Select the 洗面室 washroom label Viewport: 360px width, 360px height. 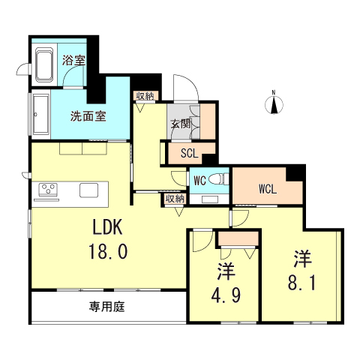88,116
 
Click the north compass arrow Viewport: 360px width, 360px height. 274,103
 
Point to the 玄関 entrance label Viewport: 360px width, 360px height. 180,124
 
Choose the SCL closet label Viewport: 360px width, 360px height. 188,155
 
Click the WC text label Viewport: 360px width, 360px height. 200,181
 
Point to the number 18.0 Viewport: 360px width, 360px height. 109,251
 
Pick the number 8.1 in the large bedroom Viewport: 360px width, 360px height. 301,284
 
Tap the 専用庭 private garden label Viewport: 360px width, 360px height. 106,306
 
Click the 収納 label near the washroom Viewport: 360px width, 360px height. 145,96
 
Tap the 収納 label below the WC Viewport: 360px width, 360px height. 175,199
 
